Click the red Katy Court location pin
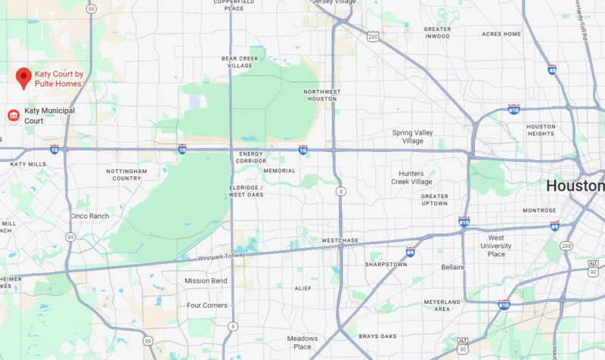23,77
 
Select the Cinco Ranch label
89,216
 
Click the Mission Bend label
206,281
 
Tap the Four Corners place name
206,306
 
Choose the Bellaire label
452,268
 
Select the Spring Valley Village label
413,137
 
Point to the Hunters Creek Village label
411,178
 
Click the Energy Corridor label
250,157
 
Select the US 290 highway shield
372,36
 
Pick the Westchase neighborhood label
338,241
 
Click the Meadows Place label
302,343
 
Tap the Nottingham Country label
126,175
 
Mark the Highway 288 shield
566,246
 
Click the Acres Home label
501,34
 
